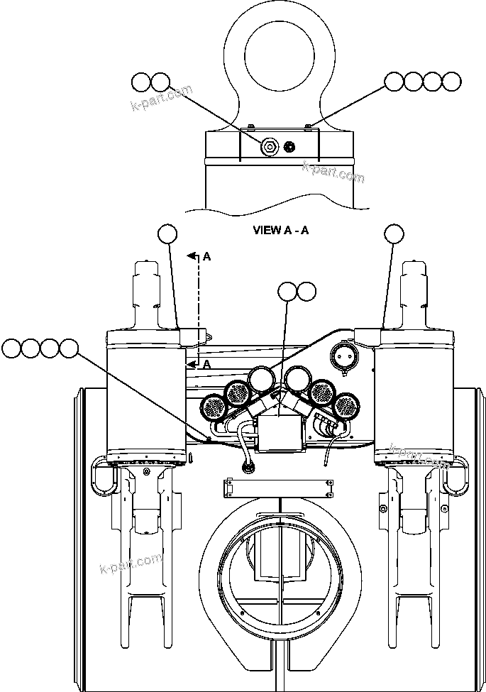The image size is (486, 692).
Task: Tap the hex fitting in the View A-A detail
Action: click(x=269, y=148)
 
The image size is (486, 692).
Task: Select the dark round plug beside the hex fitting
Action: click(x=289, y=148)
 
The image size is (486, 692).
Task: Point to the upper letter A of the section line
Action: click(x=206, y=257)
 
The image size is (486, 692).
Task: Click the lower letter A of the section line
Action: click(x=206, y=364)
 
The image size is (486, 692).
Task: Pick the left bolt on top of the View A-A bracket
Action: click(x=250, y=128)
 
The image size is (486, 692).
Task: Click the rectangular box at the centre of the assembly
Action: click(x=282, y=434)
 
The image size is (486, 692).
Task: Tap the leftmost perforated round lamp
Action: click(x=213, y=407)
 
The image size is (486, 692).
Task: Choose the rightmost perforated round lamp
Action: click(x=348, y=407)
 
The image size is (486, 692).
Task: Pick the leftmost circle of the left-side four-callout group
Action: click(x=12, y=348)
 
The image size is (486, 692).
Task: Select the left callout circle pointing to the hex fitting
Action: click(x=140, y=82)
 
